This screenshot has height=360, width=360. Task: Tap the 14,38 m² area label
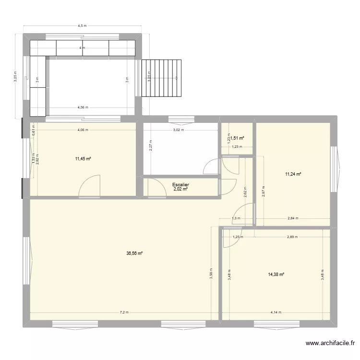tap(276, 274)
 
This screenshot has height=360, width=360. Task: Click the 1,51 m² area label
tap(237, 138)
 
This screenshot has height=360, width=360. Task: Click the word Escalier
tap(180, 184)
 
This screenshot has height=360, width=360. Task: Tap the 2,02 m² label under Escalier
tap(180, 190)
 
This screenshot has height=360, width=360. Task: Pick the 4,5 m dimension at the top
tap(82, 26)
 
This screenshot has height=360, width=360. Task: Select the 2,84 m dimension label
tap(292, 218)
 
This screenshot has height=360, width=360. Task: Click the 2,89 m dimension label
tap(292, 237)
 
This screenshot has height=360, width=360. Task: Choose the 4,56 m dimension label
tap(82, 108)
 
